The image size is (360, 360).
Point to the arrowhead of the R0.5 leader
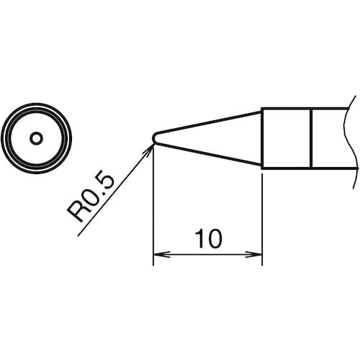(150, 146)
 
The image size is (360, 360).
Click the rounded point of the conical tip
(155, 138)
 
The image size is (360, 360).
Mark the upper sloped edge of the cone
(209, 122)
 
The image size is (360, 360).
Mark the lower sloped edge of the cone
(209, 153)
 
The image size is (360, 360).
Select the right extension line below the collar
(261, 216)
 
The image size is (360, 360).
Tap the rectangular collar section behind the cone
(286, 138)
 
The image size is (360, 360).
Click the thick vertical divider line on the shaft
(311, 138)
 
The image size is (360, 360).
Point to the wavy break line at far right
(353, 138)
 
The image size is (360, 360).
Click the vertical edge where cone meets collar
(261, 138)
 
